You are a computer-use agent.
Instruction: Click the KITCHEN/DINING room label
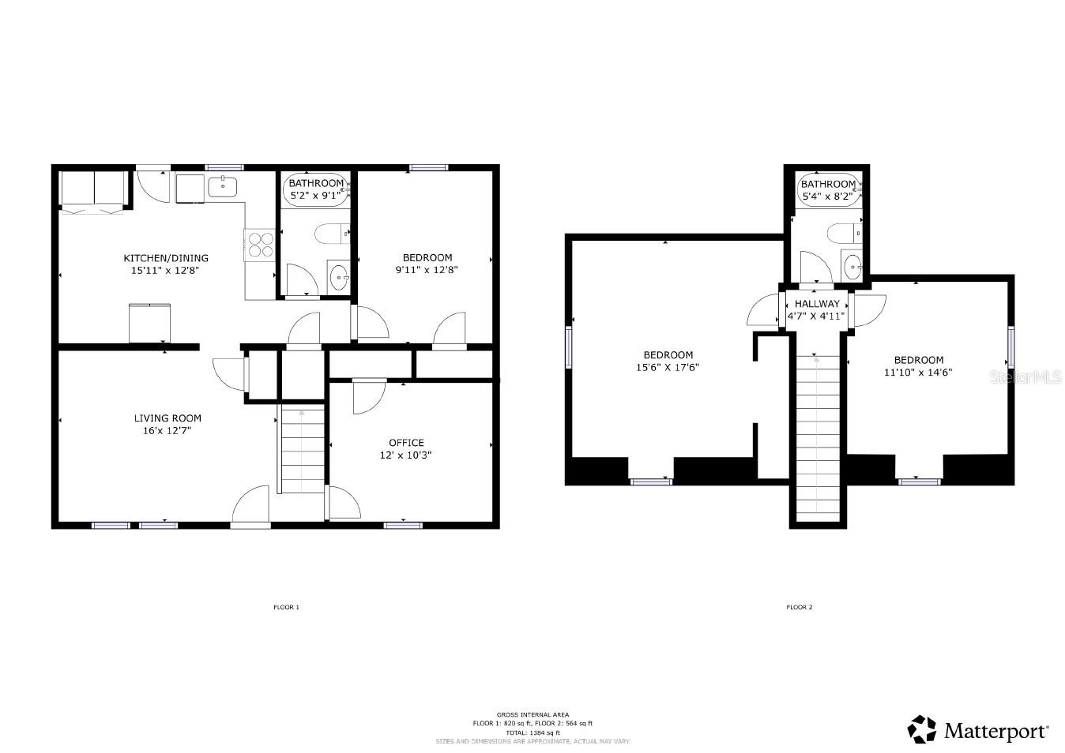[x=166, y=258]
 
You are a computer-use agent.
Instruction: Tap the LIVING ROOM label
[x=167, y=418]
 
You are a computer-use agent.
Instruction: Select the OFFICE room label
[x=406, y=443]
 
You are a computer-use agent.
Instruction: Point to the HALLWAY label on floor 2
[x=817, y=304]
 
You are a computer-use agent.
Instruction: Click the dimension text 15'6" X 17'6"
[x=668, y=367]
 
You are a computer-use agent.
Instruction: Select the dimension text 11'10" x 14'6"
[x=918, y=372]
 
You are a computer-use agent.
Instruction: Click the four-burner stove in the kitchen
[x=259, y=243]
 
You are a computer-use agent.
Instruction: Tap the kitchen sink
[x=224, y=187]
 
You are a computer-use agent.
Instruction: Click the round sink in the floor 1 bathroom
[x=339, y=277]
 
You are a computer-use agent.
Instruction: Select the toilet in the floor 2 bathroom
[x=843, y=233]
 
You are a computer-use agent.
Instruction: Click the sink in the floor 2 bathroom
[x=852, y=265]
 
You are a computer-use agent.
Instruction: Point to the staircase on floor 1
[x=302, y=450]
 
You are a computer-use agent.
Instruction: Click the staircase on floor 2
[x=817, y=434]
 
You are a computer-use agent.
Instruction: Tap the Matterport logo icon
[x=921, y=729]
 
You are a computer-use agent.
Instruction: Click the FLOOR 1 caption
[x=286, y=607]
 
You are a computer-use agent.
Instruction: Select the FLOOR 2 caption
[x=799, y=607]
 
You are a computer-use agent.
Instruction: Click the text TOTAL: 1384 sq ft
[x=532, y=732]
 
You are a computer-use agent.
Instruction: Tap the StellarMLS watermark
[x=1025, y=377]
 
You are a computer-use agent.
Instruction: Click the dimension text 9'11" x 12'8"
[x=427, y=270]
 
